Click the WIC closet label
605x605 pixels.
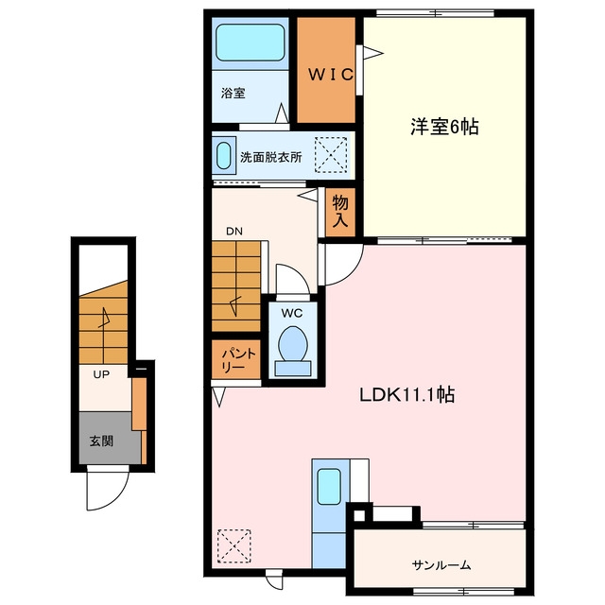[331, 75]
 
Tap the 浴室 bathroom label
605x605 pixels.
[233, 93]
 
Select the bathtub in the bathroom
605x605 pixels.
[250, 43]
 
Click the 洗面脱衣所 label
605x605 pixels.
[271, 157]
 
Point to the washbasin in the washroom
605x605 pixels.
[224, 155]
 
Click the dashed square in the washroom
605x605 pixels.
[331, 154]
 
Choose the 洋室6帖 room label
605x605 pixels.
[444, 127]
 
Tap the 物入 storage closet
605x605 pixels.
[340, 212]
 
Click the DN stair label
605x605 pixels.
[234, 231]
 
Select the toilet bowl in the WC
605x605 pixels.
[293, 343]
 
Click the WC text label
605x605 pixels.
[292, 313]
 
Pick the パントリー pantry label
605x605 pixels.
[235, 359]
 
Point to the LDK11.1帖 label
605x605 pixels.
[407, 395]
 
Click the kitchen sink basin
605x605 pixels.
[329, 486]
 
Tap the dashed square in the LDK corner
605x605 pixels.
[234, 546]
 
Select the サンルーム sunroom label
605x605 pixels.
[441, 565]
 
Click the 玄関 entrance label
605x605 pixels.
[101, 441]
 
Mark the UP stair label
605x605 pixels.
[101, 374]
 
